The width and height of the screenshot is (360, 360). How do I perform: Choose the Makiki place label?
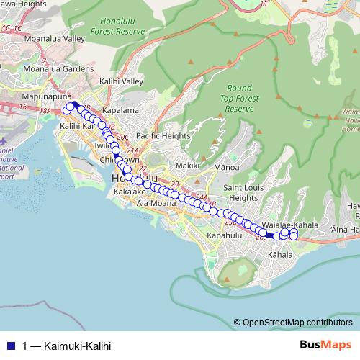[x=186, y=166]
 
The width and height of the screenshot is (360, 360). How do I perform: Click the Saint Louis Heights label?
[x=240, y=192]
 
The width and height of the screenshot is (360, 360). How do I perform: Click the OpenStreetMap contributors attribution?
[x=297, y=322]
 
